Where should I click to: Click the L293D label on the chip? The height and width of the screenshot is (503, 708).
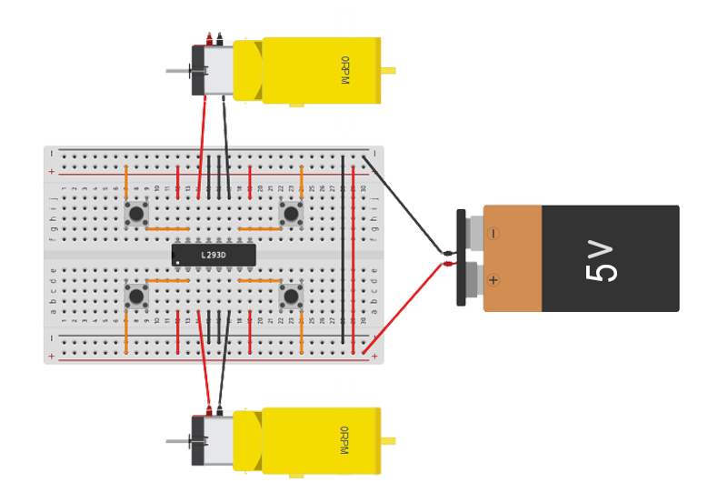[214, 256]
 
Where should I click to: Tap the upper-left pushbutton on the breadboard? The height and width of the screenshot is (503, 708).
[136, 214]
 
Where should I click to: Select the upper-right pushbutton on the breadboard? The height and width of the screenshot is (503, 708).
[291, 214]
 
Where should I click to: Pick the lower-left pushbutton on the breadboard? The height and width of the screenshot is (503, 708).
[136, 296]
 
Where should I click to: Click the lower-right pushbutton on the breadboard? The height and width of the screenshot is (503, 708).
[291, 296]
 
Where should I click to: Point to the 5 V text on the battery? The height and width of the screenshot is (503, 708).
[602, 260]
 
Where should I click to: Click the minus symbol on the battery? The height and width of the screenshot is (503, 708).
[494, 234]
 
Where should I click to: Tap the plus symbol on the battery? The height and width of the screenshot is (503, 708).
[494, 280]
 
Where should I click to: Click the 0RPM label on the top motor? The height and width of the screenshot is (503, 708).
[344, 70]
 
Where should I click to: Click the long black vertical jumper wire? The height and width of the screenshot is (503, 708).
[343, 249]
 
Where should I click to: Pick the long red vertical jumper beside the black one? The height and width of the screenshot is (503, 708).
[353, 249]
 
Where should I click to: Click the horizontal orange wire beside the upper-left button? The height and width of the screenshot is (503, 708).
[167, 228]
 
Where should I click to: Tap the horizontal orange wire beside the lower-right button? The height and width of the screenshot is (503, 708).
[260, 280]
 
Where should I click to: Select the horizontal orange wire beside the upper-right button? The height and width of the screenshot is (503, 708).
[260, 228]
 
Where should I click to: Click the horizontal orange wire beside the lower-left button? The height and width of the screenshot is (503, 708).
[167, 280]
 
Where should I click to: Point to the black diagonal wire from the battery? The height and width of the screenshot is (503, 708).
[405, 206]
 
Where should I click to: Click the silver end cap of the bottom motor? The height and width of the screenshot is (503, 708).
[216, 441]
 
